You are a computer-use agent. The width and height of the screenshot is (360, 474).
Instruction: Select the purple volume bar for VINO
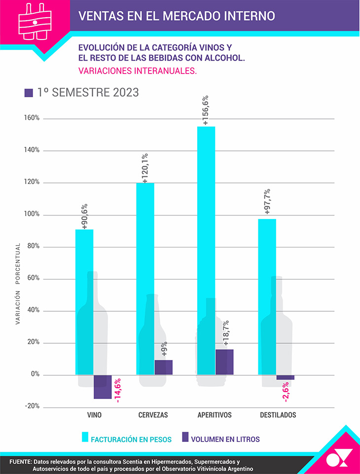(x=103, y=387)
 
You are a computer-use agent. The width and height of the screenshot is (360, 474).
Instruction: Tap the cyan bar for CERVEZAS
(x=145, y=279)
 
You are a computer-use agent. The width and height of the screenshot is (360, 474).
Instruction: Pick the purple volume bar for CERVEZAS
(x=163, y=367)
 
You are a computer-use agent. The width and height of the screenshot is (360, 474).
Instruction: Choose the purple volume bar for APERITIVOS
(x=224, y=362)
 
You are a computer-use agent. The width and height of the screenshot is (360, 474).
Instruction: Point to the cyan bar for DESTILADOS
(x=267, y=296)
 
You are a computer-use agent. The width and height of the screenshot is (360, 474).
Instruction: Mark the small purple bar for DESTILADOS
(x=286, y=377)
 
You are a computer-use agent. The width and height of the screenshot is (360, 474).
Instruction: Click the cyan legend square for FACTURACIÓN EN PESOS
(x=85, y=437)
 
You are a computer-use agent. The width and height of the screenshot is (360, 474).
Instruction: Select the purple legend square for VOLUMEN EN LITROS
(x=186, y=437)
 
